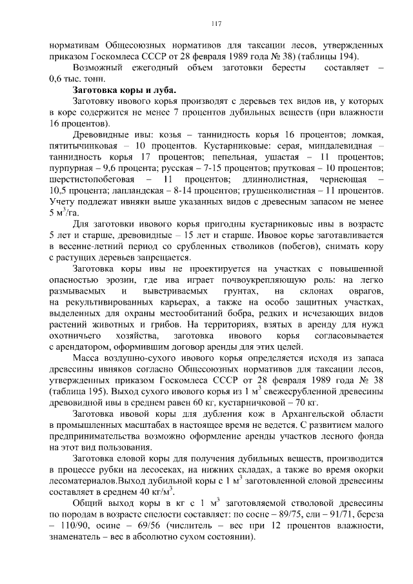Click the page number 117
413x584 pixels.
coord(216,24)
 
